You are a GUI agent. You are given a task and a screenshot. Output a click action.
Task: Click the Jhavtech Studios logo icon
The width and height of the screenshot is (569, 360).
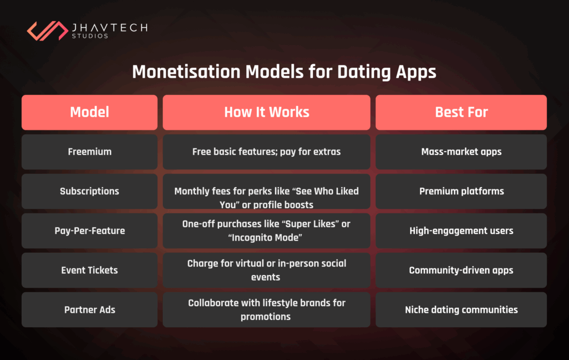(x=47, y=31)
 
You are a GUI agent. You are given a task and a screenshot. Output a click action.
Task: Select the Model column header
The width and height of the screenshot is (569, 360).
(x=89, y=112)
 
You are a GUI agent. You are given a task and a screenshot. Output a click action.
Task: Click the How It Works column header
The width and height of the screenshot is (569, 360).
(x=266, y=112)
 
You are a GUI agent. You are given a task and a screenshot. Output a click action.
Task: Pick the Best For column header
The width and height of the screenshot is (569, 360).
(x=461, y=112)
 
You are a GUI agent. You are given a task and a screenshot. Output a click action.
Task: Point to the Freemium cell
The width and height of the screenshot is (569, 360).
(x=89, y=152)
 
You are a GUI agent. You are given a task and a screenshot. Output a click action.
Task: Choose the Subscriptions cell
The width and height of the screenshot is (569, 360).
(x=89, y=191)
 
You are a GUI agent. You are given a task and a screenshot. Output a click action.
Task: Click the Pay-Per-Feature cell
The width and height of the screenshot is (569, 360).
(x=89, y=231)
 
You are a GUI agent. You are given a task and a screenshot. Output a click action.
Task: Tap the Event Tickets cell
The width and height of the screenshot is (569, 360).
(x=89, y=271)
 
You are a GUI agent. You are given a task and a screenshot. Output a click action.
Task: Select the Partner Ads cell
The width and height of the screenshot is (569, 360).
(x=89, y=310)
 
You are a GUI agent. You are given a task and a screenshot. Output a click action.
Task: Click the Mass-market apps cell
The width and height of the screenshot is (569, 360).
(x=461, y=152)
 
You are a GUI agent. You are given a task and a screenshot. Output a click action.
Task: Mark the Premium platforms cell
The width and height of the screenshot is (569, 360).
(x=461, y=191)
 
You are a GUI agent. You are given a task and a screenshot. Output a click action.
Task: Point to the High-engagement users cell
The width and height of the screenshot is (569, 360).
(x=461, y=231)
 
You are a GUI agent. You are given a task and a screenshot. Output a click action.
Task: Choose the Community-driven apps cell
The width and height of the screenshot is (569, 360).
(x=461, y=271)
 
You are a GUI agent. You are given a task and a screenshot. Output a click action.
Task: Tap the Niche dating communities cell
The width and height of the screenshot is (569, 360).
(x=461, y=310)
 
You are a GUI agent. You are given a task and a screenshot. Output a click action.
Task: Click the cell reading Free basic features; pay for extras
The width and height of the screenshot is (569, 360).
(x=266, y=152)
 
